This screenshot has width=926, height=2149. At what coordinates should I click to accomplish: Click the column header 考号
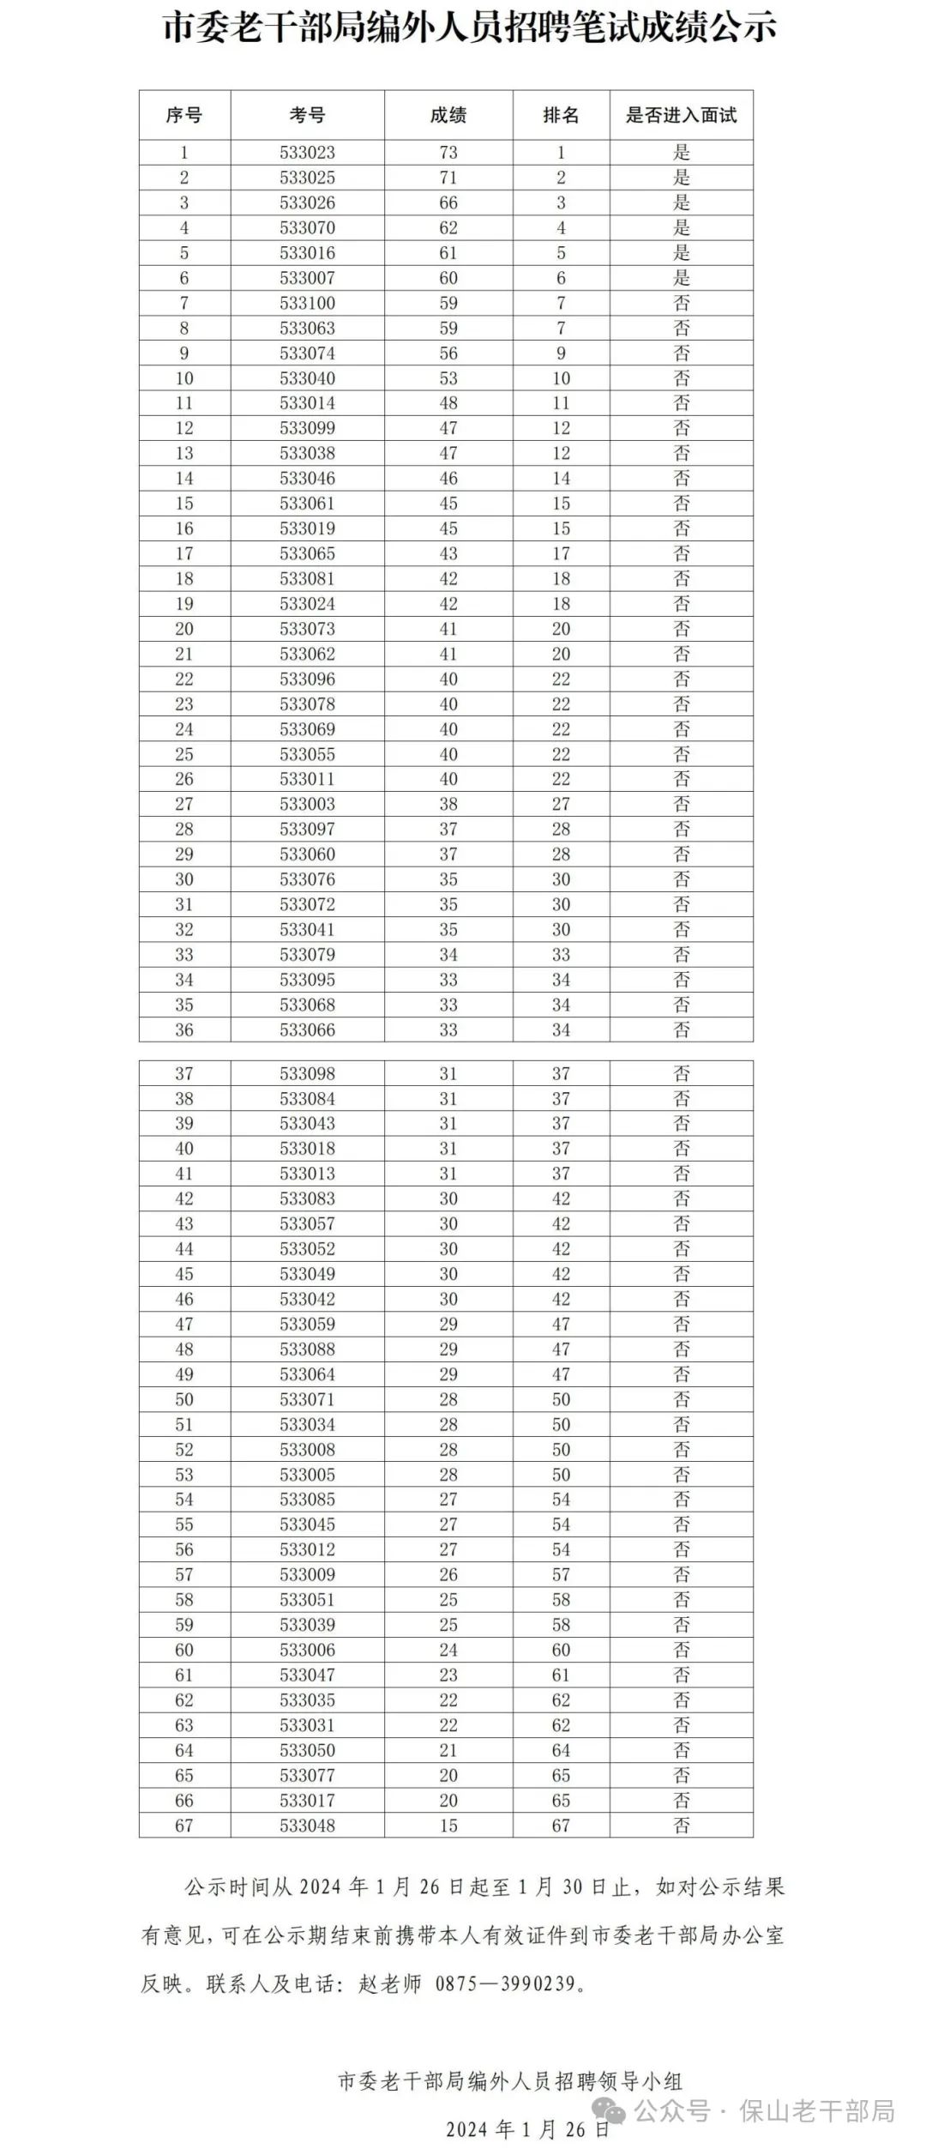(307, 115)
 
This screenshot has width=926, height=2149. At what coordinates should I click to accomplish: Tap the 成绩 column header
(448, 115)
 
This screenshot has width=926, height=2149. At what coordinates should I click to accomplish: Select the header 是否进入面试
(681, 115)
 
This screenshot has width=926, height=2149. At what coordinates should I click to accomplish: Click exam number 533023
(307, 153)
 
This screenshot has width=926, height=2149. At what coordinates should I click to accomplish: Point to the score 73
(448, 153)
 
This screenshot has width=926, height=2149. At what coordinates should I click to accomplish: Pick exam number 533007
(307, 278)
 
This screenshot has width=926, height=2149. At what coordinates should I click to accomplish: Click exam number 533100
(307, 303)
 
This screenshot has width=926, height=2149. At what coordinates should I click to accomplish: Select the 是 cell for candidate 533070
(681, 228)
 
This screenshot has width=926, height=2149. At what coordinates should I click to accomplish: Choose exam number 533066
(307, 1029)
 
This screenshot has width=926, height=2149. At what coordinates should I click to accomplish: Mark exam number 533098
(307, 1073)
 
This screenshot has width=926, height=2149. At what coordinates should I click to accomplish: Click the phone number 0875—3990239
(505, 1983)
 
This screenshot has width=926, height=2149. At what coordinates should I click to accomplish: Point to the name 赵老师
(390, 1983)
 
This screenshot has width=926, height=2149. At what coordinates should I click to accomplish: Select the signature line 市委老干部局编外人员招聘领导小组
(510, 2081)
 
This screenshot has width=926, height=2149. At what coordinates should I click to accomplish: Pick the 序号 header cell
(183, 115)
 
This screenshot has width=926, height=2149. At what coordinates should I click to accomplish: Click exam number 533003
(307, 804)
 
